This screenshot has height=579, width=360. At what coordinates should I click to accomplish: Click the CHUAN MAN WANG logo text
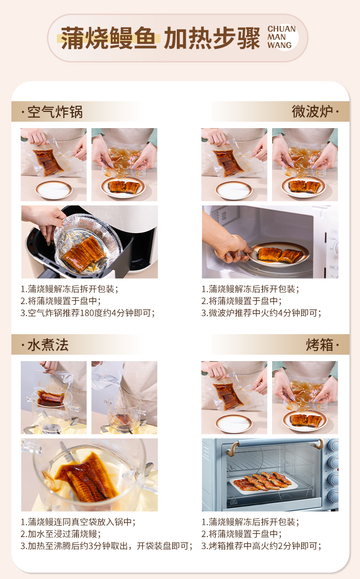282,37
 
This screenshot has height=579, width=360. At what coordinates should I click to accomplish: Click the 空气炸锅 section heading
55,112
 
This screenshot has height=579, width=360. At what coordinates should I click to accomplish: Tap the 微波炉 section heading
312,111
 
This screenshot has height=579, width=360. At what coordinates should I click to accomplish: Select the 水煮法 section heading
48,345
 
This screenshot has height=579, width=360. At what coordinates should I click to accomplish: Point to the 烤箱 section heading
319,345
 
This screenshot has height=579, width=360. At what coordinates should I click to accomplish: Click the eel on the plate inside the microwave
279,254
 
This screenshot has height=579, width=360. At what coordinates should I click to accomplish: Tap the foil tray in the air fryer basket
87,244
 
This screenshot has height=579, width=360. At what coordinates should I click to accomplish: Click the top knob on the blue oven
333,445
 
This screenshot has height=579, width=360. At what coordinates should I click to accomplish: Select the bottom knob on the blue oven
333,496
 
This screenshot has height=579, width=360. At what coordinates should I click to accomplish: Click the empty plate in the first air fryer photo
54,190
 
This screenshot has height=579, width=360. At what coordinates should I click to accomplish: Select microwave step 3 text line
261,313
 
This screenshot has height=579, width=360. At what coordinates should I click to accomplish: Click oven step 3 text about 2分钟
261,546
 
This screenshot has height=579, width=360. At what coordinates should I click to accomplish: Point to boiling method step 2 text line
61,534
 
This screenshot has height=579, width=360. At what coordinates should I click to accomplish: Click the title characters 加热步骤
212,38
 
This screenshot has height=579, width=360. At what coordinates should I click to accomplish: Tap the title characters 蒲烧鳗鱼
108,38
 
